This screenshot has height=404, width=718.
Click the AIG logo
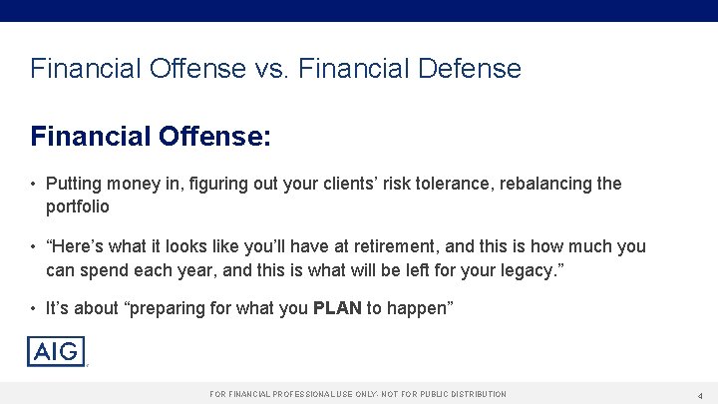(56, 351)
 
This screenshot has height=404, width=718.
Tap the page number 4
(700, 395)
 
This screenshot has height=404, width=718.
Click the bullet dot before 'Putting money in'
(33, 185)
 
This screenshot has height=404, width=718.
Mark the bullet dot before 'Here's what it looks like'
(33, 246)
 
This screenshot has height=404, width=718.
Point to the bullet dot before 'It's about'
(33, 308)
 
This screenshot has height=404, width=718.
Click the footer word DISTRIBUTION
(472, 395)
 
